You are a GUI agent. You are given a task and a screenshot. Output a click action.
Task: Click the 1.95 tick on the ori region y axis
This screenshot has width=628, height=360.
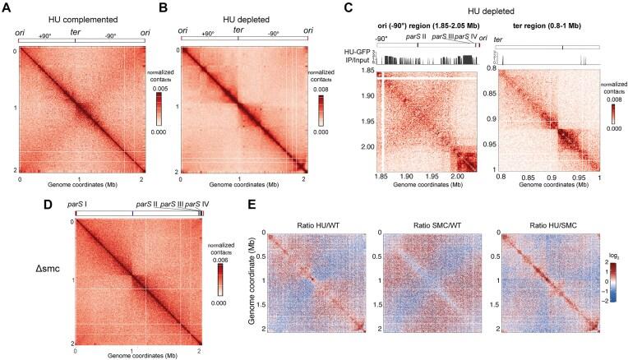[361, 132]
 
